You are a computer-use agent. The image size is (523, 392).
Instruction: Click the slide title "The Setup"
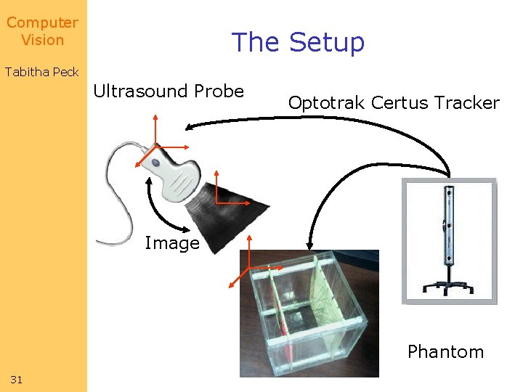[298, 42]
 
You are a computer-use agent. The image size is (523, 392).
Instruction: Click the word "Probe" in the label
[222, 91]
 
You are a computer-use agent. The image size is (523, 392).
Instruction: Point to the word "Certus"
[394, 103]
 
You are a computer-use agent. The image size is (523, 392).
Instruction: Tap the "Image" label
[171, 243]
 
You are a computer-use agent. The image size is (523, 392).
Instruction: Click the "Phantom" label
[445, 352]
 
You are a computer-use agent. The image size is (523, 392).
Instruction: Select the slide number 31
[17, 380]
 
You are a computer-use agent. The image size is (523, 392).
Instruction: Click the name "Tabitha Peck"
[42, 72]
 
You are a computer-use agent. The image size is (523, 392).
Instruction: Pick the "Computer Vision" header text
[42, 31]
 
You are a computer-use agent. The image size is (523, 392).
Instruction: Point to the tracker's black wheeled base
[448, 285]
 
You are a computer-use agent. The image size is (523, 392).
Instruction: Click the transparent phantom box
[309, 316]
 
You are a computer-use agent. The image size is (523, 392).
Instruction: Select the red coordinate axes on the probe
[155, 142]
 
